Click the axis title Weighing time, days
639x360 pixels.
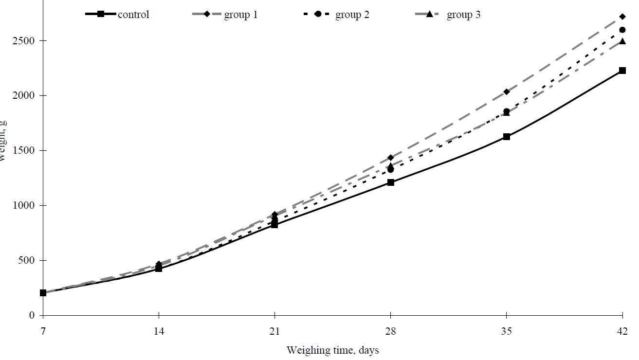tap(332, 350)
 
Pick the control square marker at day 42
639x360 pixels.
tap(622, 71)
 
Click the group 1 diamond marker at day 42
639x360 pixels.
tap(622, 17)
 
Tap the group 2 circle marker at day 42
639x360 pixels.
tap(622, 30)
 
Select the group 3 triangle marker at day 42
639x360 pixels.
tap(622, 41)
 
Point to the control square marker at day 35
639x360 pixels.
tap(507, 137)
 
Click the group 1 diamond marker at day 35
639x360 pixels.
tap(507, 91)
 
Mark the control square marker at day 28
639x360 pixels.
tap(391, 182)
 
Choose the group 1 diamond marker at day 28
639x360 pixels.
tap(391, 158)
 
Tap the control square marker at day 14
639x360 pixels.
tap(159, 269)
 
